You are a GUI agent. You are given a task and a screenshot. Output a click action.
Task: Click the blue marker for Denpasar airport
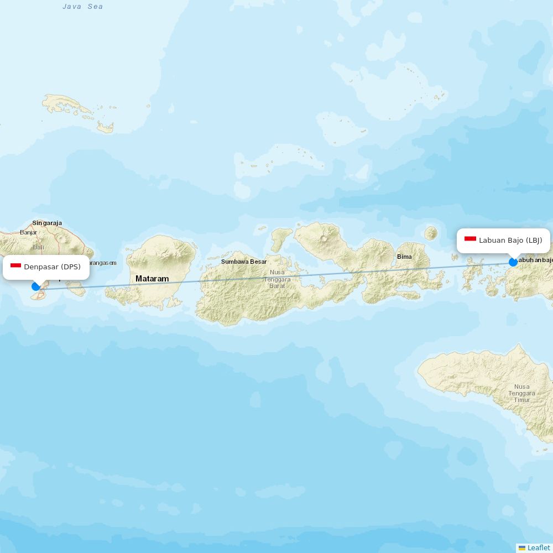point(36,286)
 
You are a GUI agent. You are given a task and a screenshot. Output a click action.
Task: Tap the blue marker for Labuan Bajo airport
point(513,262)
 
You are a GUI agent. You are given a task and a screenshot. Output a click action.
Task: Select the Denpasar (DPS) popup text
point(52,267)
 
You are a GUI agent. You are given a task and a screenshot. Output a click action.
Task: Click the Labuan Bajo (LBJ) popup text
point(510,240)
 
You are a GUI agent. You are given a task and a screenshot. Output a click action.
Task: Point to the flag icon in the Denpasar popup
point(15,267)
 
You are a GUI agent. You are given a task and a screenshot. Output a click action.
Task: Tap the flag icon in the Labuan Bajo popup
point(470,239)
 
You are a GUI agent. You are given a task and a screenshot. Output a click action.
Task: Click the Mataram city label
point(152,279)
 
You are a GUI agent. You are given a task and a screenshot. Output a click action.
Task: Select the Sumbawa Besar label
point(244,262)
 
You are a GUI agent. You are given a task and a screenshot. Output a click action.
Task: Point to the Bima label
point(404,257)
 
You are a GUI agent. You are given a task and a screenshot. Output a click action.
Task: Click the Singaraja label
point(47,223)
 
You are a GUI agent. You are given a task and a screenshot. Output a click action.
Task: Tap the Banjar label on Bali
point(29,232)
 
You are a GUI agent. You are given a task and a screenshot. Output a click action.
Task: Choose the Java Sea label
point(83,7)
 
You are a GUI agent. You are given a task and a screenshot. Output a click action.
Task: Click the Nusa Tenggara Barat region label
point(277,279)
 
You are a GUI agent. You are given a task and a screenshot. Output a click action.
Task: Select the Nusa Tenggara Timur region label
point(521,393)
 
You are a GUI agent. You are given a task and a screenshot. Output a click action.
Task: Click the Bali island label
point(39,247)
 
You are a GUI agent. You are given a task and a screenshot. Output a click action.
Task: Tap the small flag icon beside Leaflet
point(522,547)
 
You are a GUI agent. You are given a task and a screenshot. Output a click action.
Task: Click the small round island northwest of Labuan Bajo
point(431,233)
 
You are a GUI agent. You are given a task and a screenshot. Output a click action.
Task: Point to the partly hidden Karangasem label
point(103,263)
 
